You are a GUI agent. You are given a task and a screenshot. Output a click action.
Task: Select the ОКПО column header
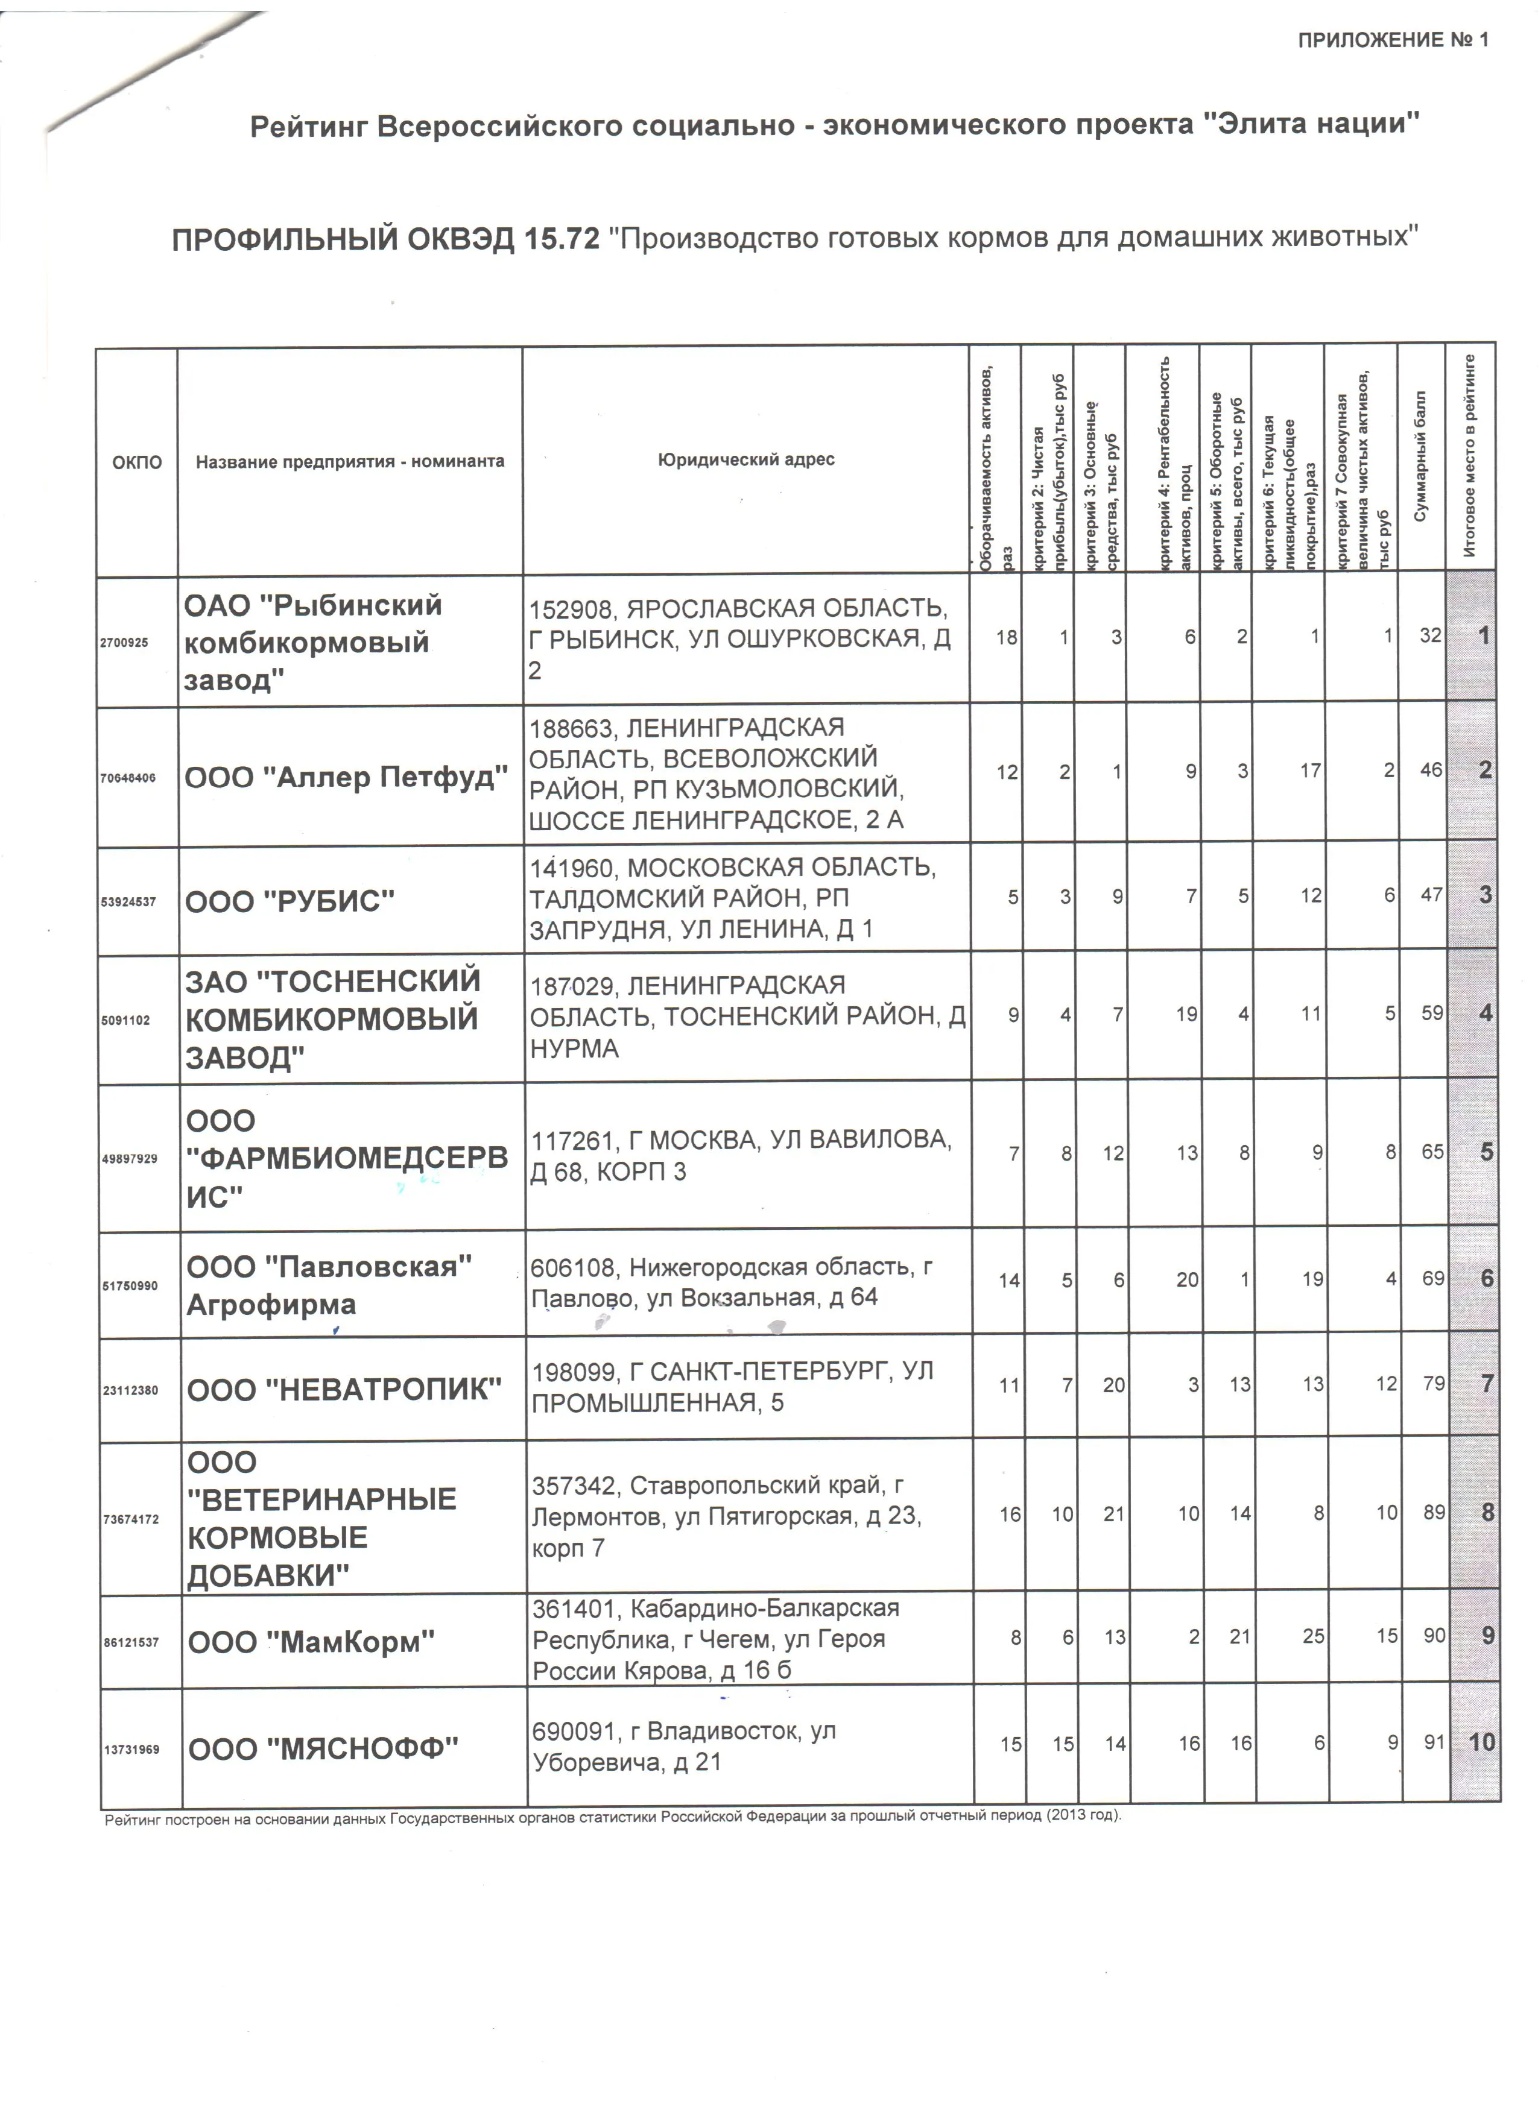tap(137, 462)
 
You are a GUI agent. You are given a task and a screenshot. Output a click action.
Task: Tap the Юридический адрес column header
tap(745, 460)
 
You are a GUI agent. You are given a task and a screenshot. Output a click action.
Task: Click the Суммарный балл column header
tap(1420, 457)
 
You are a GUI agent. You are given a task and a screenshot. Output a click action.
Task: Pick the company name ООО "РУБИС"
tap(290, 901)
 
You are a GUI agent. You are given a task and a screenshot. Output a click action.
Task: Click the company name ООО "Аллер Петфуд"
tap(346, 776)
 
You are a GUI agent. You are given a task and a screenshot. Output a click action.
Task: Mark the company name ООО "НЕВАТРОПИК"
tap(344, 1390)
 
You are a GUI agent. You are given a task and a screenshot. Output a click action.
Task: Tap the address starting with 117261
tap(741, 1155)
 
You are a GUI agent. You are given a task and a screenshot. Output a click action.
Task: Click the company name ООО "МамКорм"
tap(311, 1641)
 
